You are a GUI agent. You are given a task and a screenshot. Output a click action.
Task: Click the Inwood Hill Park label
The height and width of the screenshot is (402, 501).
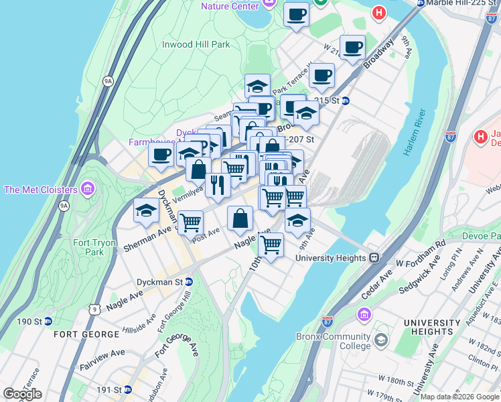click(196, 45)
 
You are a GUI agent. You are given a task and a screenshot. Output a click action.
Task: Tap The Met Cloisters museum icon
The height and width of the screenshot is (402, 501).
click(86, 189)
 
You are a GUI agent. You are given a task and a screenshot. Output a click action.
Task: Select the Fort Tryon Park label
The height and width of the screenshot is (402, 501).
click(89, 247)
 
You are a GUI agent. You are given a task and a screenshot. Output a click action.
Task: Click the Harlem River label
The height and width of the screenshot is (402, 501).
click(415, 133)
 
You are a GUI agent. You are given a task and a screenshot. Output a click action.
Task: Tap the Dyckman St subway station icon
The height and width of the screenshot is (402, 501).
click(189, 282)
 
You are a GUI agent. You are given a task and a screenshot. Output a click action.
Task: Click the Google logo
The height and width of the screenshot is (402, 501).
click(22, 394)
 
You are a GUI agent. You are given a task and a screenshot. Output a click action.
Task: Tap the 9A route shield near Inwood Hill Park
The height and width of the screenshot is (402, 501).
click(108, 81)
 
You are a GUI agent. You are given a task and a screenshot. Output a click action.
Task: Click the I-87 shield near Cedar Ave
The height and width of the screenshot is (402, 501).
click(328, 322)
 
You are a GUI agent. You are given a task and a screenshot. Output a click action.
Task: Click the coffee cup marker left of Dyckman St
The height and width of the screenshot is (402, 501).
click(161, 155)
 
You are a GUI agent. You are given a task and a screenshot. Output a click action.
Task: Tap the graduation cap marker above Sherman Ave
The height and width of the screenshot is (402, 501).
click(146, 212)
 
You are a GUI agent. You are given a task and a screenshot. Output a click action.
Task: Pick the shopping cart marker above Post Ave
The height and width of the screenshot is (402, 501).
click(191, 221)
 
